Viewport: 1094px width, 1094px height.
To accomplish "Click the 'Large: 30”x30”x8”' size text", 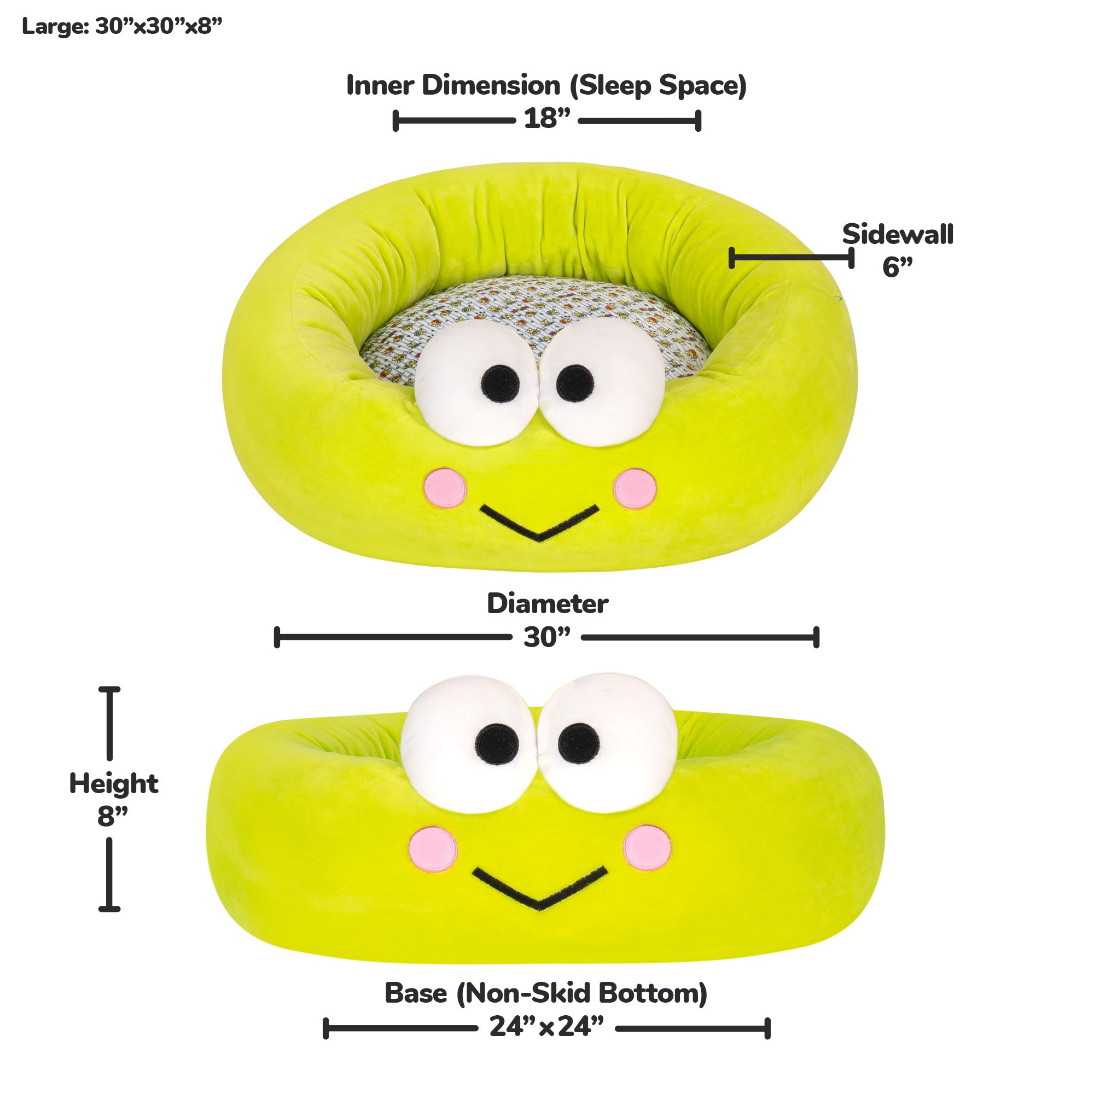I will click(122, 26).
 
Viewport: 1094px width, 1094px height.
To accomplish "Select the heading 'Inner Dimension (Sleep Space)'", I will click(546, 86).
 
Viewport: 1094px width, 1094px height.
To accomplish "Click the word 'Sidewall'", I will click(898, 235).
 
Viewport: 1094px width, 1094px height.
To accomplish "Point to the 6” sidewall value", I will click(898, 267).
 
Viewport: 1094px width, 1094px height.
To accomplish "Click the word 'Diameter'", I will click(548, 604).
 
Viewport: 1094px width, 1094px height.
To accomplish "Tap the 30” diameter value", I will click(546, 638).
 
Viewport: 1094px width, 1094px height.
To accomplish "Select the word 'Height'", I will click(114, 784).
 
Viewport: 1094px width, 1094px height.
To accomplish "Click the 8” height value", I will click(112, 816).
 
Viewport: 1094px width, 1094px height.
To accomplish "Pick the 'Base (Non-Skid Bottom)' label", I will click(546, 993).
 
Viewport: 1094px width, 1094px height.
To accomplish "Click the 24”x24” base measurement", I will click(546, 1026).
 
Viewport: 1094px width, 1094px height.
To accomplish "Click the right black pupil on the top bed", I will click(575, 383).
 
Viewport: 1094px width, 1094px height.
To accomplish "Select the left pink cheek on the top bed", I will click(446, 487).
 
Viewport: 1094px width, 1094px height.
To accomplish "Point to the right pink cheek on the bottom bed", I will click(647, 847).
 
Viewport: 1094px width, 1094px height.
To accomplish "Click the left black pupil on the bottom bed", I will click(497, 743).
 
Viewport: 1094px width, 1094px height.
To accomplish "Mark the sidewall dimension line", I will click(792, 258).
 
